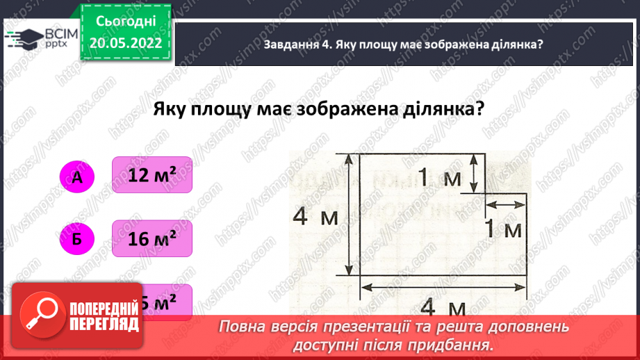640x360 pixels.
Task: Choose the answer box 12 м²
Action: click(151, 176)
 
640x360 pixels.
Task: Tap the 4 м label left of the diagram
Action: click(314, 217)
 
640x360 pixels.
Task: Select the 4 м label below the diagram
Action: click(442, 306)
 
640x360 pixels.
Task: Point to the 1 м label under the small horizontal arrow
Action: click(502, 229)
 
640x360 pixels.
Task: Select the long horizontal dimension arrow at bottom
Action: click(443, 284)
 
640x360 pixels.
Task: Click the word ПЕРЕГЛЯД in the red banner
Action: click(105, 325)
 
